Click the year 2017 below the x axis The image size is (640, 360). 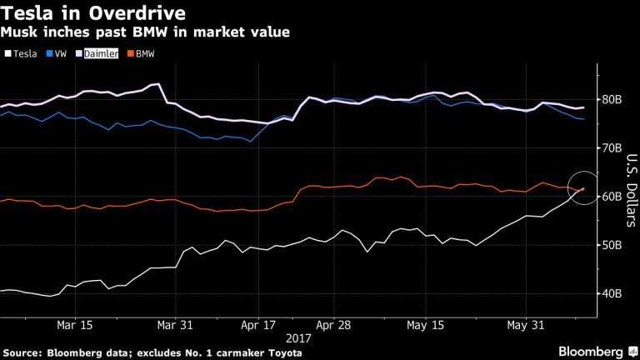[x=298, y=338]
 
